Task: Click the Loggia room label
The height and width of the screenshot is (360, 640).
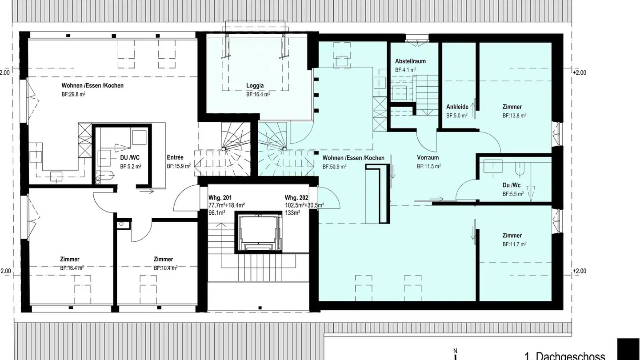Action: pos(255,86)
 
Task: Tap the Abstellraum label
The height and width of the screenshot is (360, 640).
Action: pos(410,61)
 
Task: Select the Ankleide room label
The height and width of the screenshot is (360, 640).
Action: pos(457,107)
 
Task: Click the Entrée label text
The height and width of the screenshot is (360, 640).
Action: pos(175,157)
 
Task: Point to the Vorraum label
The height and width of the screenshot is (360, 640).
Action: pos(428,158)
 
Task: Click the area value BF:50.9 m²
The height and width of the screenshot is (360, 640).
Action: pos(334,167)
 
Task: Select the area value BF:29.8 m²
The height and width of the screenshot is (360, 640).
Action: pos(73,94)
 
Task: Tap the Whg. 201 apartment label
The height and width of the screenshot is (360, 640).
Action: pos(220,198)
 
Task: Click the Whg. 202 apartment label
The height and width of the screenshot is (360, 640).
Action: pos(297,198)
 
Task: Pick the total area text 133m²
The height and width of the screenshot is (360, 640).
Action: pos(292,213)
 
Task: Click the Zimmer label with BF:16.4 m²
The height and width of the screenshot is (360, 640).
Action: pos(70,260)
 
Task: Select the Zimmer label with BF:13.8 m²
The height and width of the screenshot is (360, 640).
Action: pos(512,107)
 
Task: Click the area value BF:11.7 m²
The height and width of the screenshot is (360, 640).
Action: pos(514,244)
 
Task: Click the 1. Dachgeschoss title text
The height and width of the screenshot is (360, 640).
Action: pos(564,356)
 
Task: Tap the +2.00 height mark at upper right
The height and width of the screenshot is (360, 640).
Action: pos(580,73)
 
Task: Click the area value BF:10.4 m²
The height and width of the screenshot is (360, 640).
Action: pos(165,268)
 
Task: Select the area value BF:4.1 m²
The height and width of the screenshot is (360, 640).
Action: pos(405,70)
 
